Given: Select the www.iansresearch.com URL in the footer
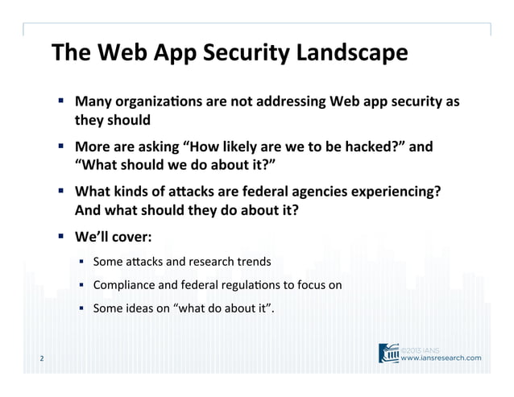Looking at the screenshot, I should click(442, 358).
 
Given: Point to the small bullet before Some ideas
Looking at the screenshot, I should click(81, 306).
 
